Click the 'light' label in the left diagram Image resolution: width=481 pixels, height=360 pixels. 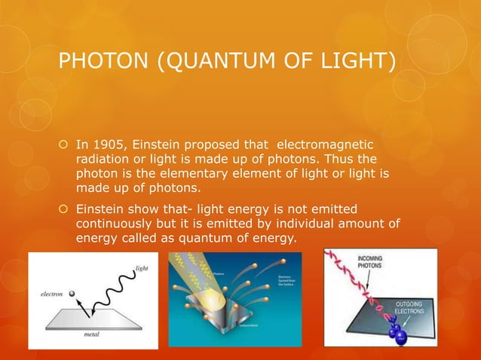click(x=141, y=267)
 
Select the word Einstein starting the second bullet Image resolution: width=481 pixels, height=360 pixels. click(x=101, y=209)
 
